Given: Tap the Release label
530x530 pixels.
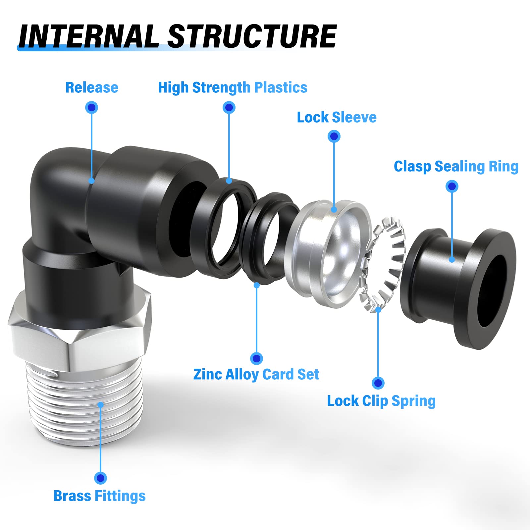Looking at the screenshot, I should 92,88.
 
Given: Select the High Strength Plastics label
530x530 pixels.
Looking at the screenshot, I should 233,88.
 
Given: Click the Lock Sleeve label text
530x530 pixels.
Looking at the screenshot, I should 337,117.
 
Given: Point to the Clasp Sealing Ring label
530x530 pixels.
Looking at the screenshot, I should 456,166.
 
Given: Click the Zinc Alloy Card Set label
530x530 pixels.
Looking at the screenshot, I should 256,374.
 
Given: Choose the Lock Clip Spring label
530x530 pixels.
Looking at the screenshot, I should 381,401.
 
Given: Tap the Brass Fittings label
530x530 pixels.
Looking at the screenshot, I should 99,496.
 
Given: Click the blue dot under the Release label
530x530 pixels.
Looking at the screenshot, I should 91,107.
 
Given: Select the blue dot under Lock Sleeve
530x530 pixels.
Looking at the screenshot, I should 334,136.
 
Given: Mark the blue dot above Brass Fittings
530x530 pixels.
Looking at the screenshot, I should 100,478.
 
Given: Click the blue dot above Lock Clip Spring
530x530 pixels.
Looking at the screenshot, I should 378,383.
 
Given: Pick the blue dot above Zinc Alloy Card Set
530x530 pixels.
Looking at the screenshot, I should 256,358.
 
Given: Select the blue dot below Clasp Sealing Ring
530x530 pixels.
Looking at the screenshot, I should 452,186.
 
